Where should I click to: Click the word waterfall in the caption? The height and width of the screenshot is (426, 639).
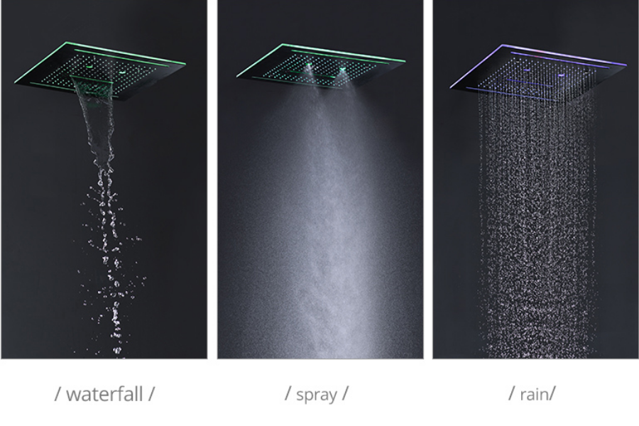pos(104,394)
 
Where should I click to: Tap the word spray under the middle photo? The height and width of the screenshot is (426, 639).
pos(316,395)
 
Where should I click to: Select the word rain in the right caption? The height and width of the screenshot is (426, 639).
pos(533,394)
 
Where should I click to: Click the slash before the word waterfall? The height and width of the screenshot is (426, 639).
pos(58,394)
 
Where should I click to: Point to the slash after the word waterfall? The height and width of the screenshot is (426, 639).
pos(151,394)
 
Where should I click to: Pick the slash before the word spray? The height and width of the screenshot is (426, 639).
pos(288,394)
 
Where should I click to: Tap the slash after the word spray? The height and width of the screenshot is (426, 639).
pos(345,394)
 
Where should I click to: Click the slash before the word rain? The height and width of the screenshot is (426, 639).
pos(512,394)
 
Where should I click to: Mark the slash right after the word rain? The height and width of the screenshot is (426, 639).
pos(552,394)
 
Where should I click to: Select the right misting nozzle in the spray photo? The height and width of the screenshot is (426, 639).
pos(342,70)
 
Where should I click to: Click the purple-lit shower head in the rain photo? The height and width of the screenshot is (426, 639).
pos(538,73)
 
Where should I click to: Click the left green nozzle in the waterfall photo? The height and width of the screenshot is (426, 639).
pos(89,65)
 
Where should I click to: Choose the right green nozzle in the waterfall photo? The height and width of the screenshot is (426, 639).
pos(122,72)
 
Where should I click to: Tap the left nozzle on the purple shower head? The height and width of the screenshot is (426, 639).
pos(528,70)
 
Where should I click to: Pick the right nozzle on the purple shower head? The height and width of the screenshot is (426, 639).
pos(562,75)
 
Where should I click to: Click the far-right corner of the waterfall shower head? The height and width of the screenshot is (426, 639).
pos(185,64)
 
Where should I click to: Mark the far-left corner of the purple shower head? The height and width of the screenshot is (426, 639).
pos(450,87)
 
